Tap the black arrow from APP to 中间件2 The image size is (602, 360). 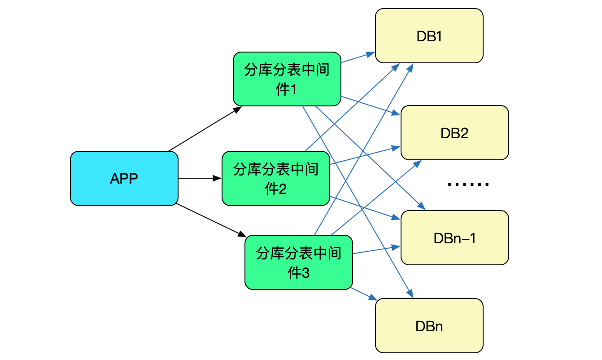pos(200,178)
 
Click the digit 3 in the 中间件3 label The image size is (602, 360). pos(306,273)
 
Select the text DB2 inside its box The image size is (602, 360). pos(454,133)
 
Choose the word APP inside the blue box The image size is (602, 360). pos(124,179)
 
